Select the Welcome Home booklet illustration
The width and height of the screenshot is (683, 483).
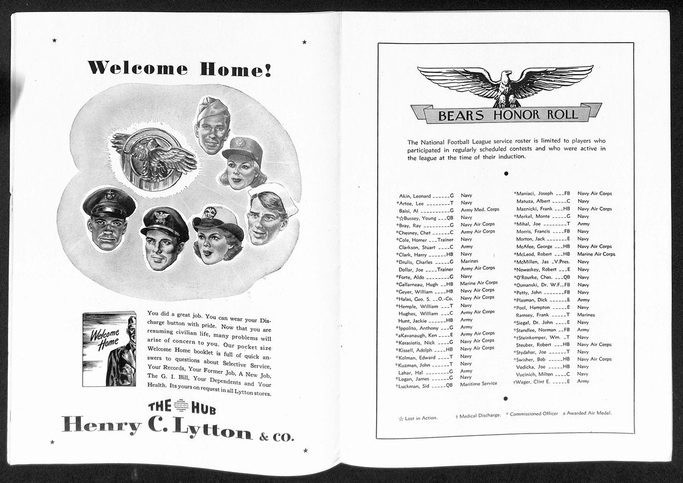109,349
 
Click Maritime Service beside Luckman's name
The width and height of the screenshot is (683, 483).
479,384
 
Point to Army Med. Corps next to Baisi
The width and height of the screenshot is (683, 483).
480,209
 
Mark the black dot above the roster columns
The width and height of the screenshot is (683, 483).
505,174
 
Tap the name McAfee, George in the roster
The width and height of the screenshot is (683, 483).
534,246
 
